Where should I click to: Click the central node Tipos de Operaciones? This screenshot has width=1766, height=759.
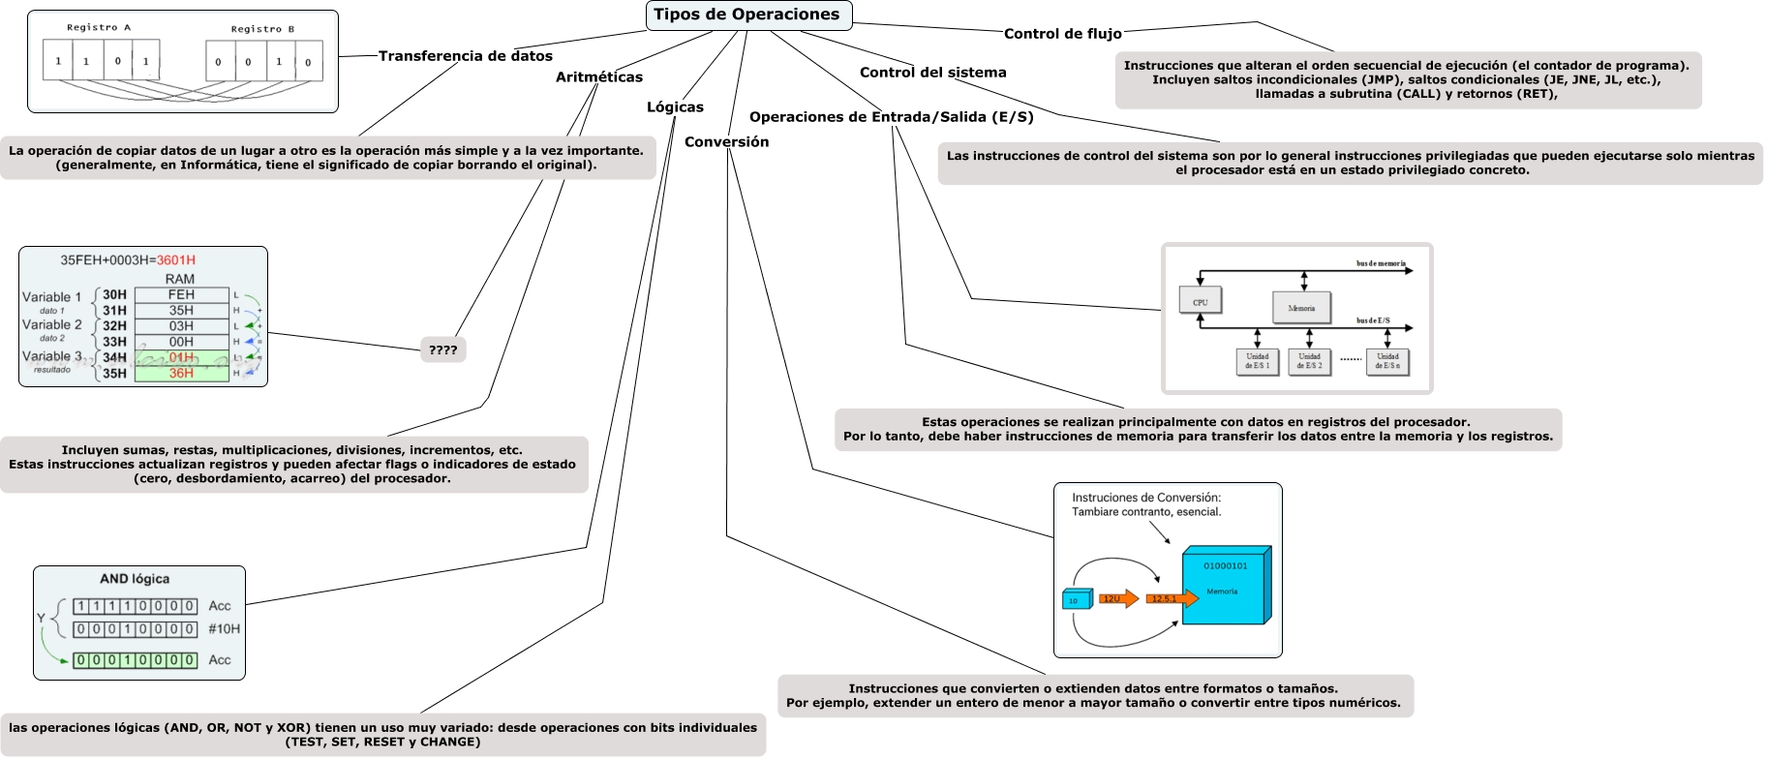(747, 15)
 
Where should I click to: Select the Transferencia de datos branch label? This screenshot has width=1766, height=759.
(465, 56)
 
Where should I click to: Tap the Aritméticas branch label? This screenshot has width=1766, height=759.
(598, 77)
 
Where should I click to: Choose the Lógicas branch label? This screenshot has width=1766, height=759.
(675, 107)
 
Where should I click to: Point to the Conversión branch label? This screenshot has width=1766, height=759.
(726, 142)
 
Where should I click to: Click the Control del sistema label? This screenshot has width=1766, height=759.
(932, 73)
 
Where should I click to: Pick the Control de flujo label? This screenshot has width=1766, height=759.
(1062, 34)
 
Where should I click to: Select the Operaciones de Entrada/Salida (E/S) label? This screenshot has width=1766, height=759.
(891, 117)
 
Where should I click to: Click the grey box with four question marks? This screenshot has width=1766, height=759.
(442, 349)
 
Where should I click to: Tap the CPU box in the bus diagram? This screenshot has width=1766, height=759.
(1200, 301)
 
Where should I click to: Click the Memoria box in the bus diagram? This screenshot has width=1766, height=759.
(1301, 308)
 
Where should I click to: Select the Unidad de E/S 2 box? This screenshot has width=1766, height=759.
(1309, 361)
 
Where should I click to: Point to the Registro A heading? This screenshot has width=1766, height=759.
(99, 28)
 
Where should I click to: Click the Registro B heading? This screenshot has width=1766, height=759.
(262, 29)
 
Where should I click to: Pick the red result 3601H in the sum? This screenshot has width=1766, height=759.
(176, 260)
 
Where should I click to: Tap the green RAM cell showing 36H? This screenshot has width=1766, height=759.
(181, 374)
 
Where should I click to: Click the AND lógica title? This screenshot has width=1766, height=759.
(135, 579)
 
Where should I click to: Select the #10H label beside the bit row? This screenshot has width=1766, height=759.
(224, 629)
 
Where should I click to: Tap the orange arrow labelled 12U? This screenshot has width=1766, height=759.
(1116, 599)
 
